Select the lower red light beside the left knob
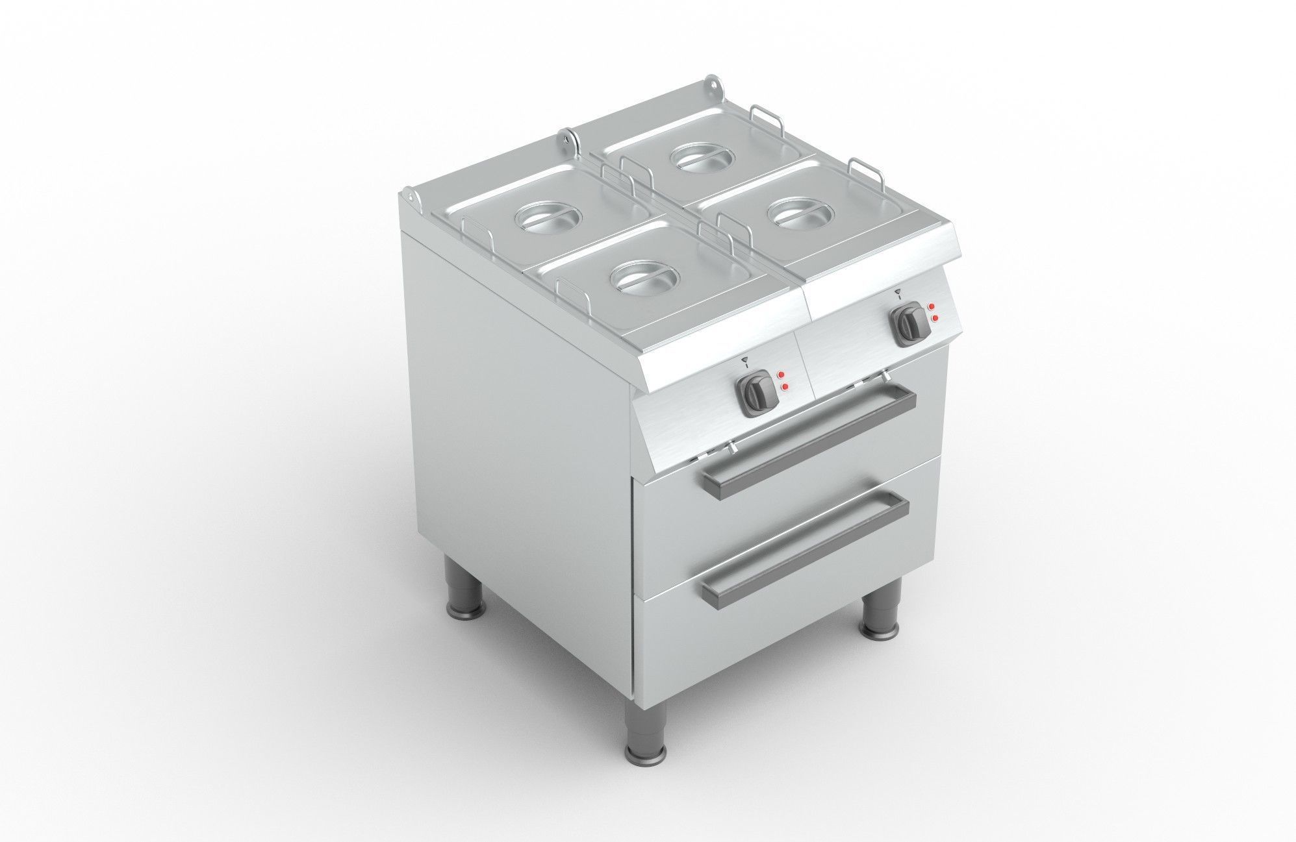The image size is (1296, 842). pyautogui.click(x=786, y=388)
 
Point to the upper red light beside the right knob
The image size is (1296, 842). pyautogui.click(x=931, y=306)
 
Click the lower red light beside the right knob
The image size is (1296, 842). pyautogui.click(x=935, y=317)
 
